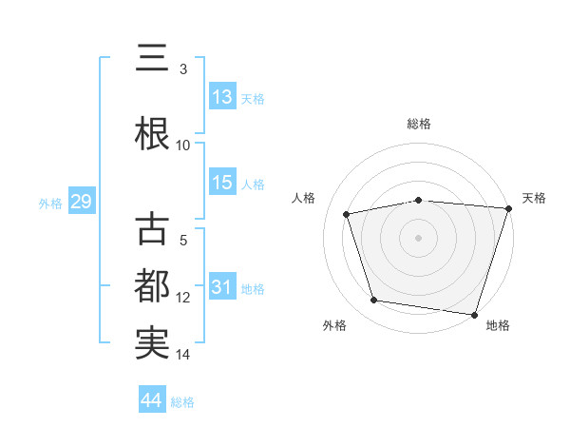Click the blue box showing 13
(221, 97)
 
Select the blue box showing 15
(221, 183)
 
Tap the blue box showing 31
(221, 287)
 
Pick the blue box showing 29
(81, 203)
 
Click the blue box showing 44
(151, 400)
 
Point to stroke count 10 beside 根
(183, 146)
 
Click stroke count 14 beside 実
(183, 355)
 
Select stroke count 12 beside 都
(183, 298)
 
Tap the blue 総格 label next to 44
(182, 402)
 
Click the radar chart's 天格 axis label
(534, 198)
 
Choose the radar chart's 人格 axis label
(304, 198)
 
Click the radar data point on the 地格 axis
(474, 314)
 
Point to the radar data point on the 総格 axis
(419, 200)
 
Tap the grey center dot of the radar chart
(419, 237)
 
